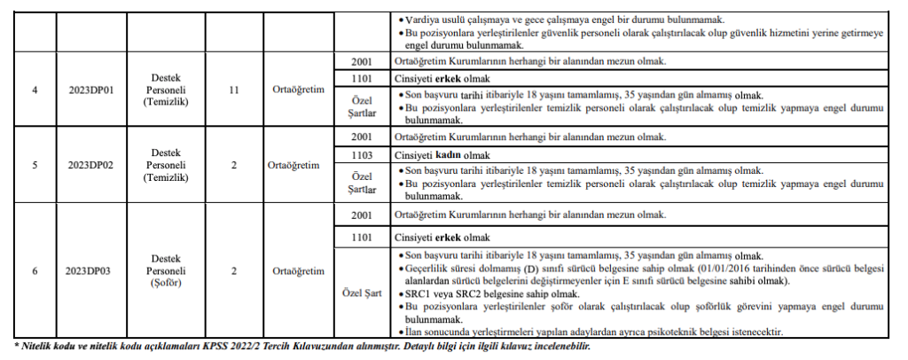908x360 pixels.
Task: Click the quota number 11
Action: pos(234,90)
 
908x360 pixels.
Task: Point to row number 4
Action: pos(34,90)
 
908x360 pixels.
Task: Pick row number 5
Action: pos(34,164)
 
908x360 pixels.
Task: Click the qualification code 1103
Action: pos(362,154)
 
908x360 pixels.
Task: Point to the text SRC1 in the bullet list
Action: pos(419,293)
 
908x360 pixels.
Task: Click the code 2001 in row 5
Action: pos(362,137)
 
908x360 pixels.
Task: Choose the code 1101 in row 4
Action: pos(362,78)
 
